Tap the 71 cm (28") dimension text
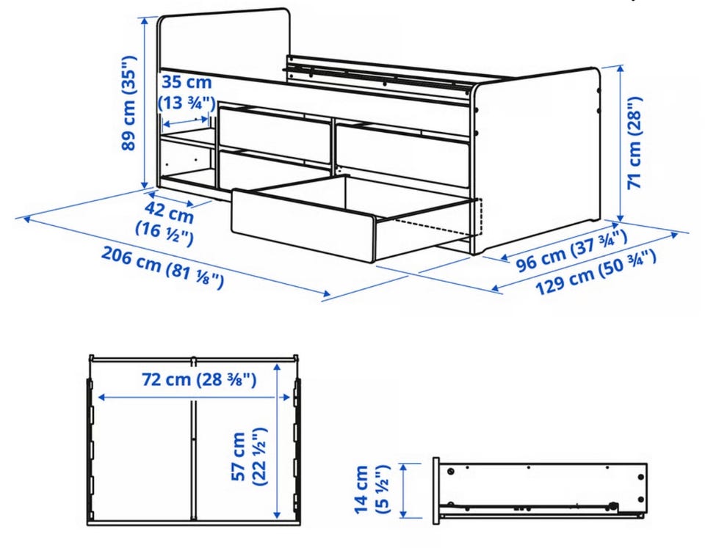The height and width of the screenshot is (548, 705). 634,143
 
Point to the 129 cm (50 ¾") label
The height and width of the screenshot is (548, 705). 596,271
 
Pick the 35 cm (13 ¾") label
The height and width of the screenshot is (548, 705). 186,92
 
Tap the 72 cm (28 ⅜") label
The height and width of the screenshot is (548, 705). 199,379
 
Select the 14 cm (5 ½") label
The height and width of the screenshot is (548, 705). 372,489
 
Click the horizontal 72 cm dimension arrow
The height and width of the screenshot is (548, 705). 194,397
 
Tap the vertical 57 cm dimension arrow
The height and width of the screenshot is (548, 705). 277,441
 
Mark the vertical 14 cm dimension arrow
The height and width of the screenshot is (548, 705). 403,491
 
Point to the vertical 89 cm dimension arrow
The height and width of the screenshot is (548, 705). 145,103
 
